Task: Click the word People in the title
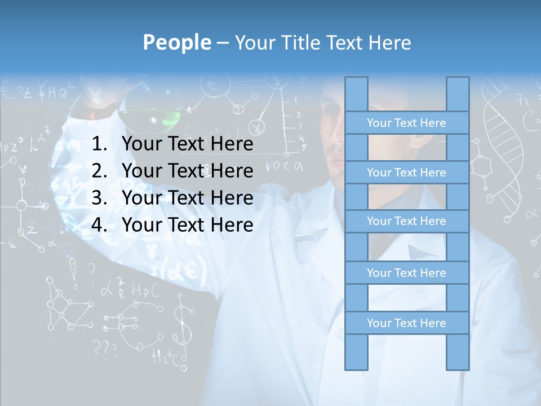pos(176,42)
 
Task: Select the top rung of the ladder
pos(406,123)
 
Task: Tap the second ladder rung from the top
pos(406,173)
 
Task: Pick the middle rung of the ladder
pos(406,221)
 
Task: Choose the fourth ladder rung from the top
pos(406,273)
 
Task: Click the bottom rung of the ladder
pos(406,323)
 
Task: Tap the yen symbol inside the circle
pos(258,127)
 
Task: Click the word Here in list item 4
pos(232,225)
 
